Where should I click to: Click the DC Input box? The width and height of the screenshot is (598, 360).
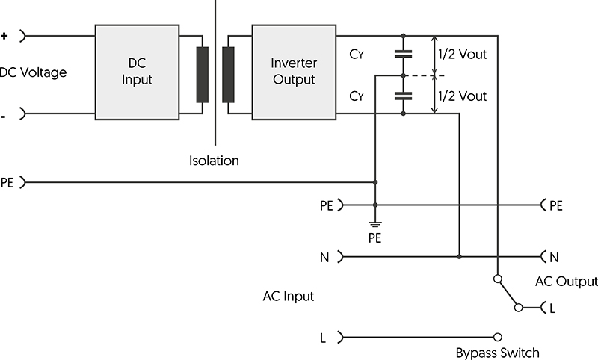pyautogui.click(x=137, y=72)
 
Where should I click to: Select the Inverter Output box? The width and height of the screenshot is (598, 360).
pyautogui.click(x=293, y=72)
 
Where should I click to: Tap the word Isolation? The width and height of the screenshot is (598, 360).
pyautogui.click(x=214, y=161)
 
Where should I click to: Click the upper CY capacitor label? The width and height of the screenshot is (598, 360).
pyautogui.click(x=357, y=54)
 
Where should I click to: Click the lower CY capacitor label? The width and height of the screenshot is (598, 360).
pyautogui.click(x=357, y=96)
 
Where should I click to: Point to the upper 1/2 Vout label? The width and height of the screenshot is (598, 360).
pyautogui.click(x=462, y=54)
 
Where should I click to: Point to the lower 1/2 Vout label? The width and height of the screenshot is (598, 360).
pyautogui.click(x=462, y=96)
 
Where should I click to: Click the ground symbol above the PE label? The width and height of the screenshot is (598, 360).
pyautogui.click(x=375, y=223)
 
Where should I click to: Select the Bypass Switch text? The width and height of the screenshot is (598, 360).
pyautogui.click(x=497, y=353)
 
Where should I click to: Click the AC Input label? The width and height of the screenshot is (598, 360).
pyautogui.click(x=288, y=297)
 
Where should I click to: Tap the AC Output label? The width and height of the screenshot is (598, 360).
pyautogui.click(x=567, y=282)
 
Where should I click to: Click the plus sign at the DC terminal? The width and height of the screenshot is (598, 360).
pyautogui.click(x=5, y=35)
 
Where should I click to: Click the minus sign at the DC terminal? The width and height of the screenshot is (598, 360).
pyautogui.click(x=5, y=114)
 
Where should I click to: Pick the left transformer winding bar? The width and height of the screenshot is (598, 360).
pyautogui.click(x=202, y=74)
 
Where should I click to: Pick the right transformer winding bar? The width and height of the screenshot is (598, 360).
pyautogui.click(x=228, y=74)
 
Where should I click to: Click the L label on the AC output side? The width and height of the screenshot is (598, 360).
pyautogui.click(x=552, y=308)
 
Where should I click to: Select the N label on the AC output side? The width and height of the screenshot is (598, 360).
pyautogui.click(x=554, y=257)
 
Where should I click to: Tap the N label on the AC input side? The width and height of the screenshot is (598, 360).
pyautogui.click(x=324, y=257)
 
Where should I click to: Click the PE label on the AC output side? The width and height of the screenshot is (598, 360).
pyautogui.click(x=555, y=205)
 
